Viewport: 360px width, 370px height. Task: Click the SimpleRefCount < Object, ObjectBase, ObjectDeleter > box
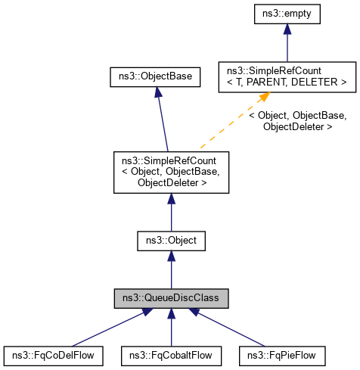click(x=171, y=172)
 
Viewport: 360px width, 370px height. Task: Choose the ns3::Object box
click(x=171, y=240)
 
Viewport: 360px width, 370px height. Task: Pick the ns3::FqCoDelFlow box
click(x=53, y=354)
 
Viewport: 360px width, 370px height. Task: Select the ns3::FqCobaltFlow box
click(x=172, y=354)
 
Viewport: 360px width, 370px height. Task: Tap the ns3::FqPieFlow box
click(x=278, y=354)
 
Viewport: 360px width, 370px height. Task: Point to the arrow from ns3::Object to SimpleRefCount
click(x=171, y=212)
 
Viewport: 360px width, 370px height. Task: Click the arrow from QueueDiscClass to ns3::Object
click(x=171, y=269)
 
